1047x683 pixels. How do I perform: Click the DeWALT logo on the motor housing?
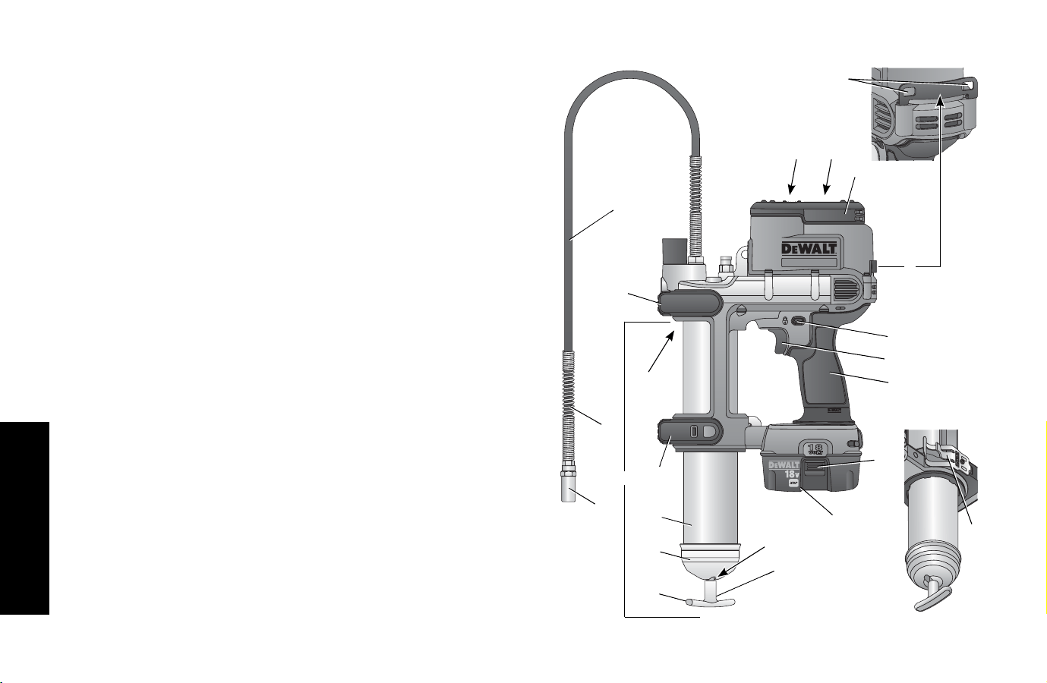[x=809, y=248]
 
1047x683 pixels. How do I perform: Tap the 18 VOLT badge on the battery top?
[x=815, y=449]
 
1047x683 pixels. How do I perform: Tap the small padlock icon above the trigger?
[x=786, y=320]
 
